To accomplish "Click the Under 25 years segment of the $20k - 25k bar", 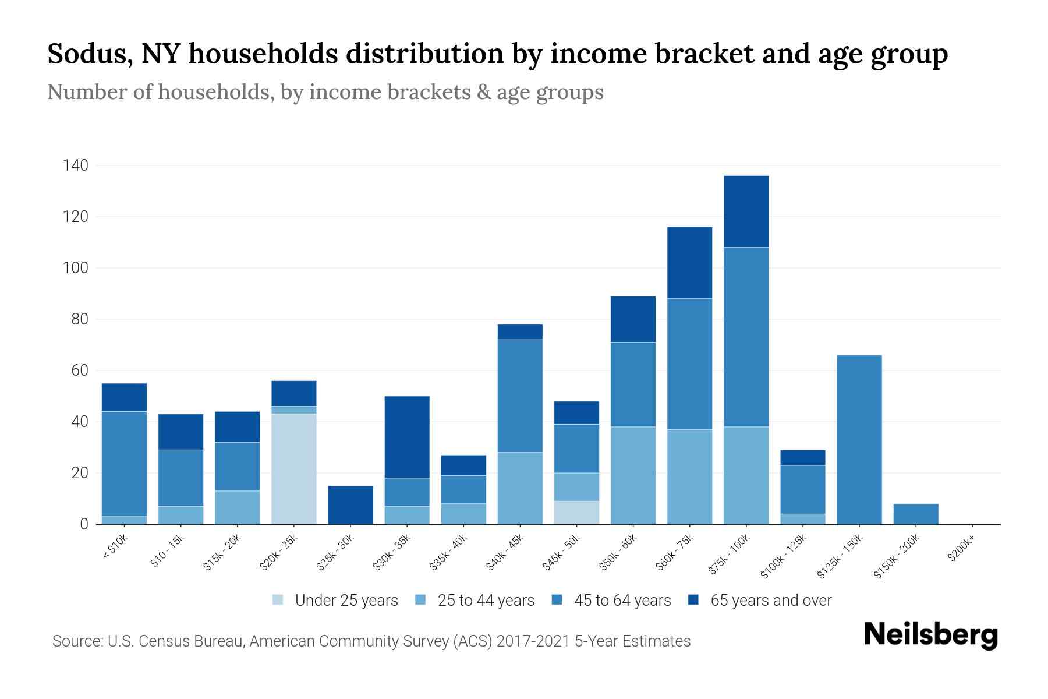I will click(294, 469).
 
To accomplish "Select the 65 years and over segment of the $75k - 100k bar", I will click(746, 211).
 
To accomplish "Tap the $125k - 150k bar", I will click(859, 440).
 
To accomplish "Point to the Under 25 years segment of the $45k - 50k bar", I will click(576, 513).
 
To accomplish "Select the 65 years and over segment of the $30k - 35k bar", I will click(407, 437).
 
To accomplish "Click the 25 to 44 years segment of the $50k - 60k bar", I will click(633, 475).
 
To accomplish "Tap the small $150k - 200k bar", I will click(916, 514).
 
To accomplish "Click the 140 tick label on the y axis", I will click(75, 166).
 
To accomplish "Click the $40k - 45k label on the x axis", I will click(505, 553).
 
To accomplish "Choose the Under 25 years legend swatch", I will click(278, 600).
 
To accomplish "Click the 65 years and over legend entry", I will click(770, 601).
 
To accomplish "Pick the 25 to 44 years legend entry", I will click(486, 601).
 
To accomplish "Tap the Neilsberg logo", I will click(930, 635).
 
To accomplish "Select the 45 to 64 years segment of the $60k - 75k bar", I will click(689, 364).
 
